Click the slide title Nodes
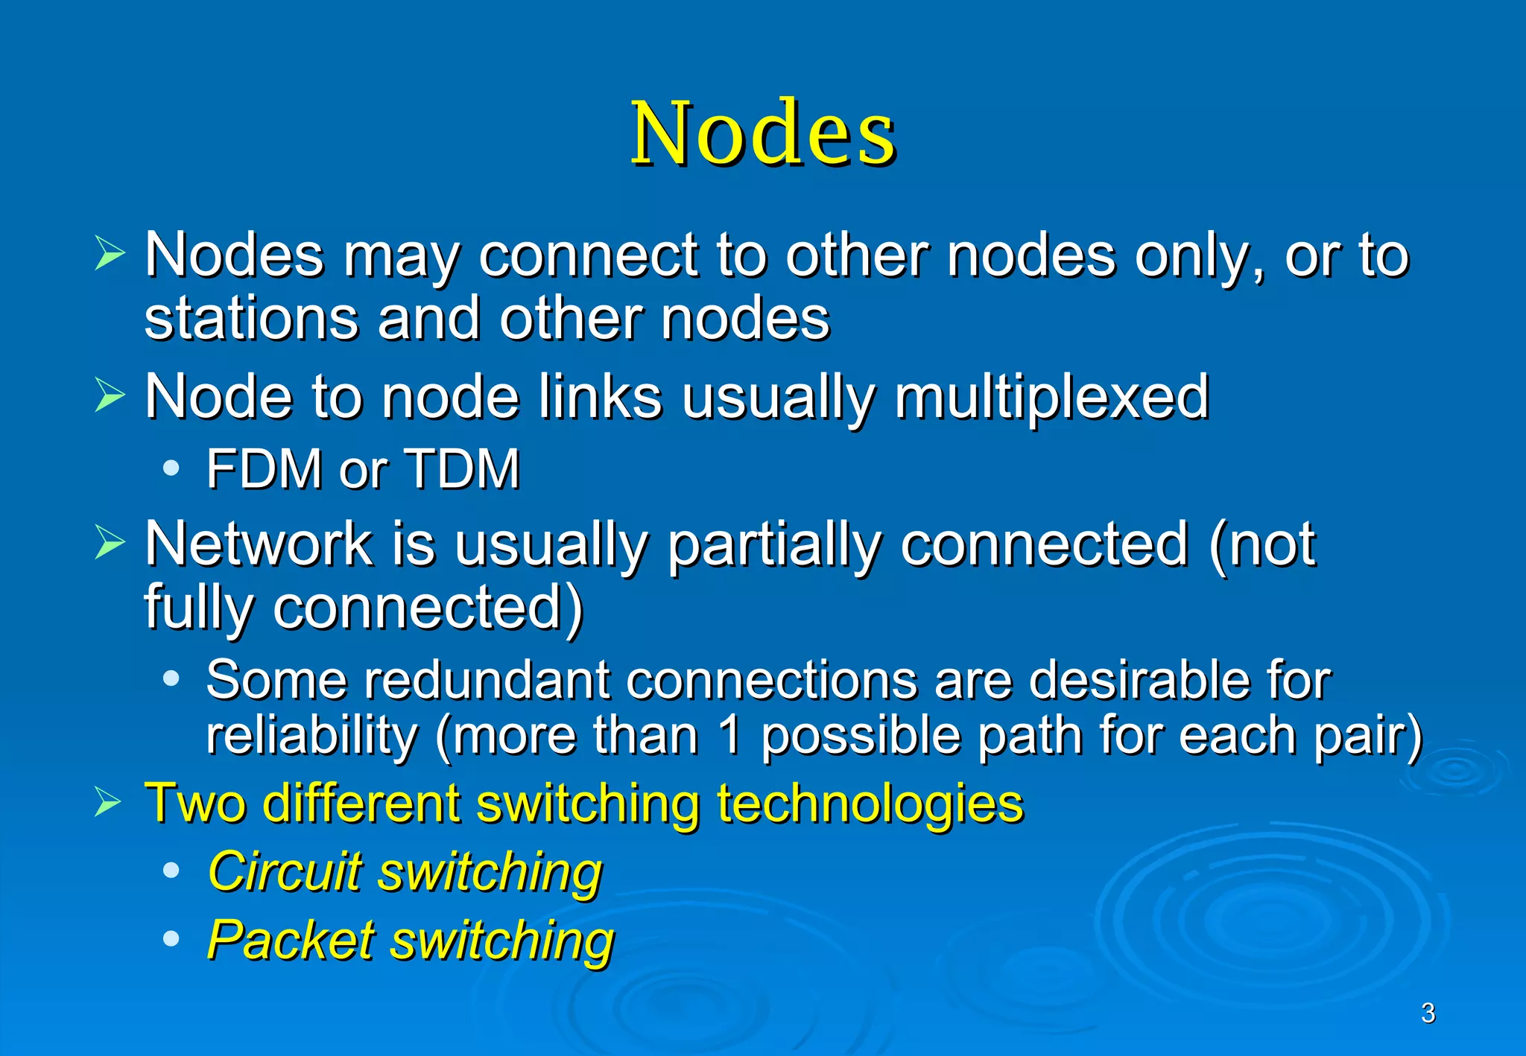pos(763,134)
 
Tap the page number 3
pos(1428,1013)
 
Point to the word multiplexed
pos(1051,398)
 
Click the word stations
pos(251,319)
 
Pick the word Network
pos(259,544)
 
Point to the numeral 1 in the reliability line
pos(731,736)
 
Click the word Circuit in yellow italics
pos(285,871)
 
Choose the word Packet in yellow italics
pos(291,940)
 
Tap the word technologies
pos(870,804)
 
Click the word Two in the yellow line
pos(195,804)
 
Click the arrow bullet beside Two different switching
pos(109,803)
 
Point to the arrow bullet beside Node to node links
pos(109,395)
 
